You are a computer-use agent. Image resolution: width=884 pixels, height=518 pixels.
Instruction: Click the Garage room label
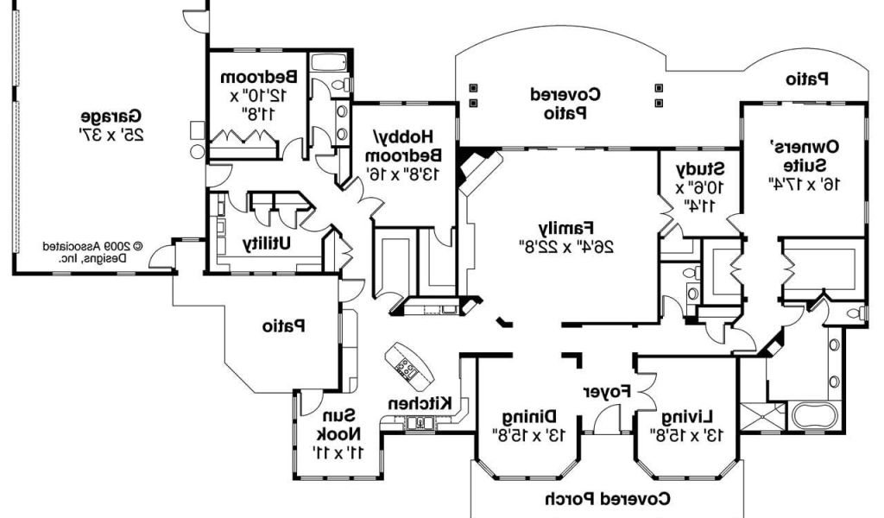pos(112,116)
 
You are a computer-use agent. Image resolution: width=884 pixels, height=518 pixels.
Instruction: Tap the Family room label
pos(567,228)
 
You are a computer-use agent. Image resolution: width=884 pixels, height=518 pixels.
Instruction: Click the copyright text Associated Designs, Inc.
pos(94,251)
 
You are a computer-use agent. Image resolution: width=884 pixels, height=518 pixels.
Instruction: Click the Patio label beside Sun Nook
pos(284,326)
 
